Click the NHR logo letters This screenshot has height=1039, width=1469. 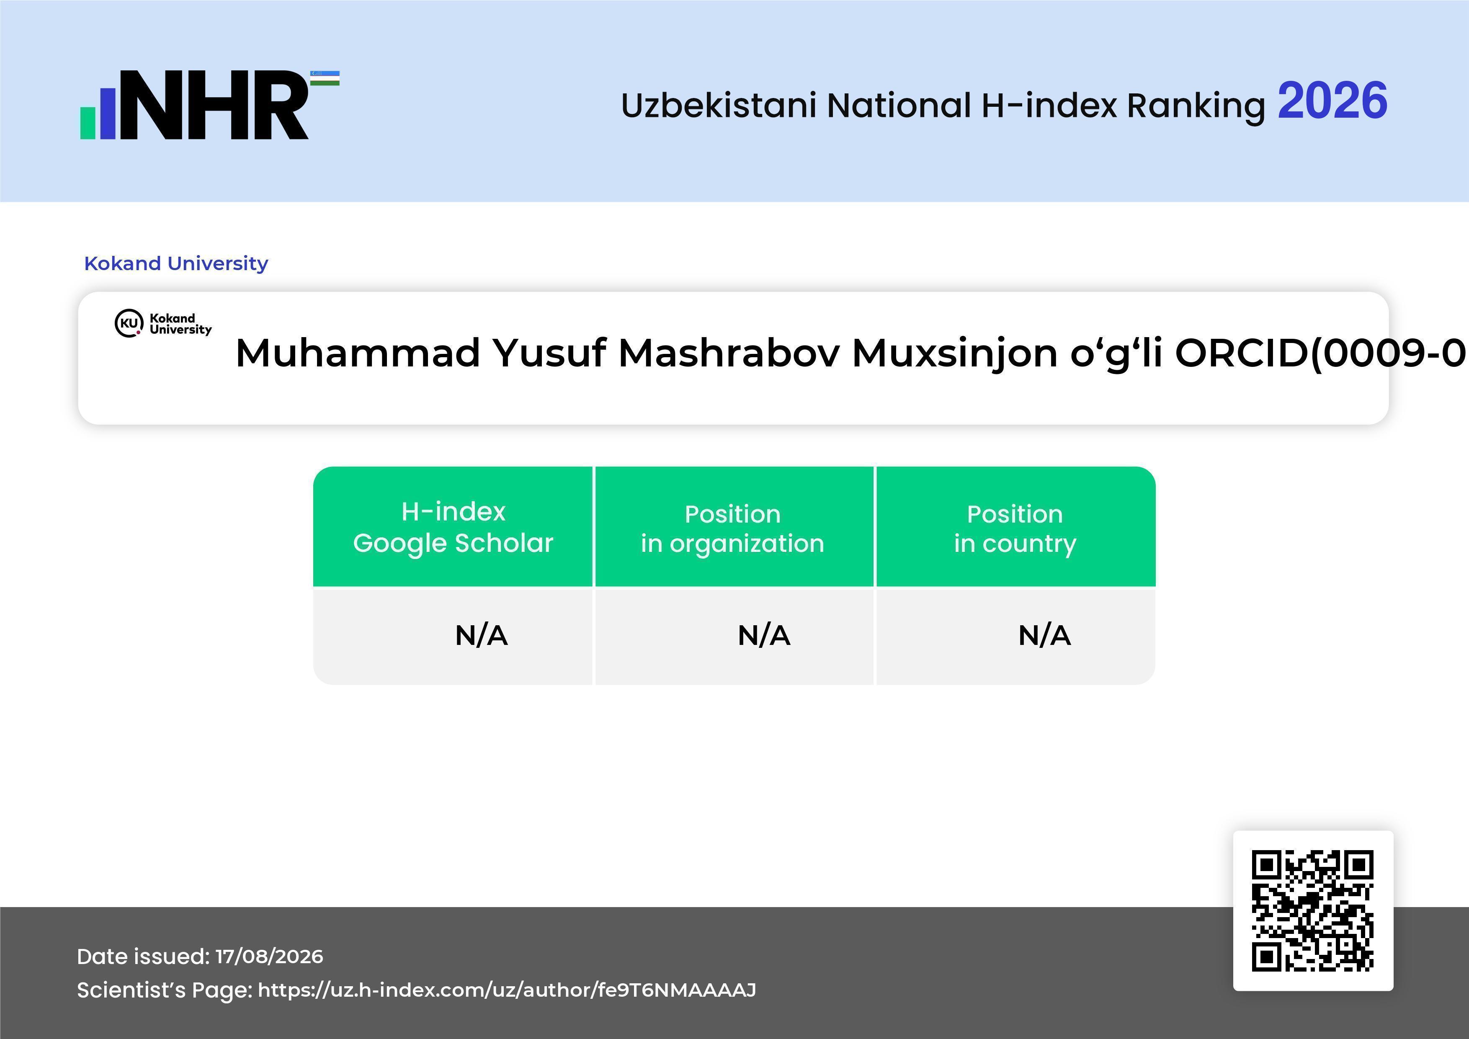[214, 105]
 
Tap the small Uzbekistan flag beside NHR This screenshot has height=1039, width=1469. [325, 78]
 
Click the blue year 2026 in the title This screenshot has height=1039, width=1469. [1332, 101]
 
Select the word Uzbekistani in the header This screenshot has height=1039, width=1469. [719, 106]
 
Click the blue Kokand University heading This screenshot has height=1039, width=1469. [176, 263]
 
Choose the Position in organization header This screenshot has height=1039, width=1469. [732, 529]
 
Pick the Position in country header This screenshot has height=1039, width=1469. [1015, 529]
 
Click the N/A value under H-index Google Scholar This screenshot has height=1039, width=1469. [481, 635]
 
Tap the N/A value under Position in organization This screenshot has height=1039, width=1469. [764, 635]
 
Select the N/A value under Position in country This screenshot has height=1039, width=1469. [1044, 635]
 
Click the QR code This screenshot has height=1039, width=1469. [1313, 910]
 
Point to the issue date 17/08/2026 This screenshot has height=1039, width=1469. [269, 956]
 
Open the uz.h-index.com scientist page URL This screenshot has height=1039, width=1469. [507, 990]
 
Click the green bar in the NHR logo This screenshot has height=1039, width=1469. [88, 123]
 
